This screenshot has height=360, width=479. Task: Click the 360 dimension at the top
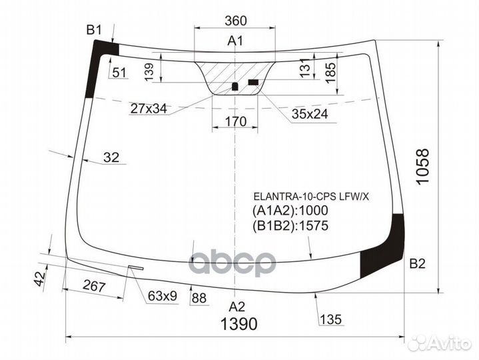coord(236,21)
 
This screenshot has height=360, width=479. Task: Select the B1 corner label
coord(94,29)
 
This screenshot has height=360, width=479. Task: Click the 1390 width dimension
coord(239,325)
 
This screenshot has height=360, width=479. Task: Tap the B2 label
coord(417,263)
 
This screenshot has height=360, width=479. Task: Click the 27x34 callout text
coord(149,108)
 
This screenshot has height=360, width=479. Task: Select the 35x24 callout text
coord(309,114)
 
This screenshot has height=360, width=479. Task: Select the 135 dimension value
coord(330,319)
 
